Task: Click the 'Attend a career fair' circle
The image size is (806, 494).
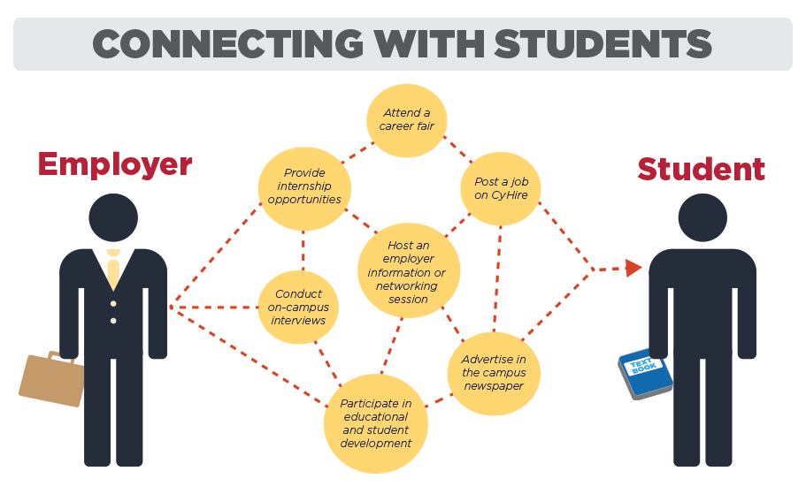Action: (x=407, y=120)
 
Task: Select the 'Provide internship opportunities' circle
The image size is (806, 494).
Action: (x=304, y=188)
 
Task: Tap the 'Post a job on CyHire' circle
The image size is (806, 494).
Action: (x=501, y=188)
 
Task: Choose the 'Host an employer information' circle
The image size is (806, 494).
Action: (x=409, y=270)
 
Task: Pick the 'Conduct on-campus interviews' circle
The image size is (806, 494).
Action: (x=298, y=307)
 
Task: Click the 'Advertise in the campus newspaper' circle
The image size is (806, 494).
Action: (x=494, y=373)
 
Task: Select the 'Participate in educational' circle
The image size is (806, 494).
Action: (x=376, y=423)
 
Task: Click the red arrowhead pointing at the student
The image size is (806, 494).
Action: (x=633, y=268)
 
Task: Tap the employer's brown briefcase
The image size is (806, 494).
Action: (x=51, y=379)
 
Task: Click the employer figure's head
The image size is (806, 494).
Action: (x=113, y=217)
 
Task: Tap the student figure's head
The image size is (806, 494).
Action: (x=702, y=217)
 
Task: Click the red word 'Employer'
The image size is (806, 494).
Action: (x=115, y=165)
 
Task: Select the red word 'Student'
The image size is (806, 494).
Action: (x=701, y=169)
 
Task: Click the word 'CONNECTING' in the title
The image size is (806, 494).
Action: (x=228, y=43)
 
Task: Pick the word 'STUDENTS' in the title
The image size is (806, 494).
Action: (x=603, y=43)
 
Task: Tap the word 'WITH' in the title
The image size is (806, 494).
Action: (x=429, y=43)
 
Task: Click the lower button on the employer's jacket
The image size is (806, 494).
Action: (x=113, y=321)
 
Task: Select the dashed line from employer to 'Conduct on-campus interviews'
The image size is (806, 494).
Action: (x=214, y=308)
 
